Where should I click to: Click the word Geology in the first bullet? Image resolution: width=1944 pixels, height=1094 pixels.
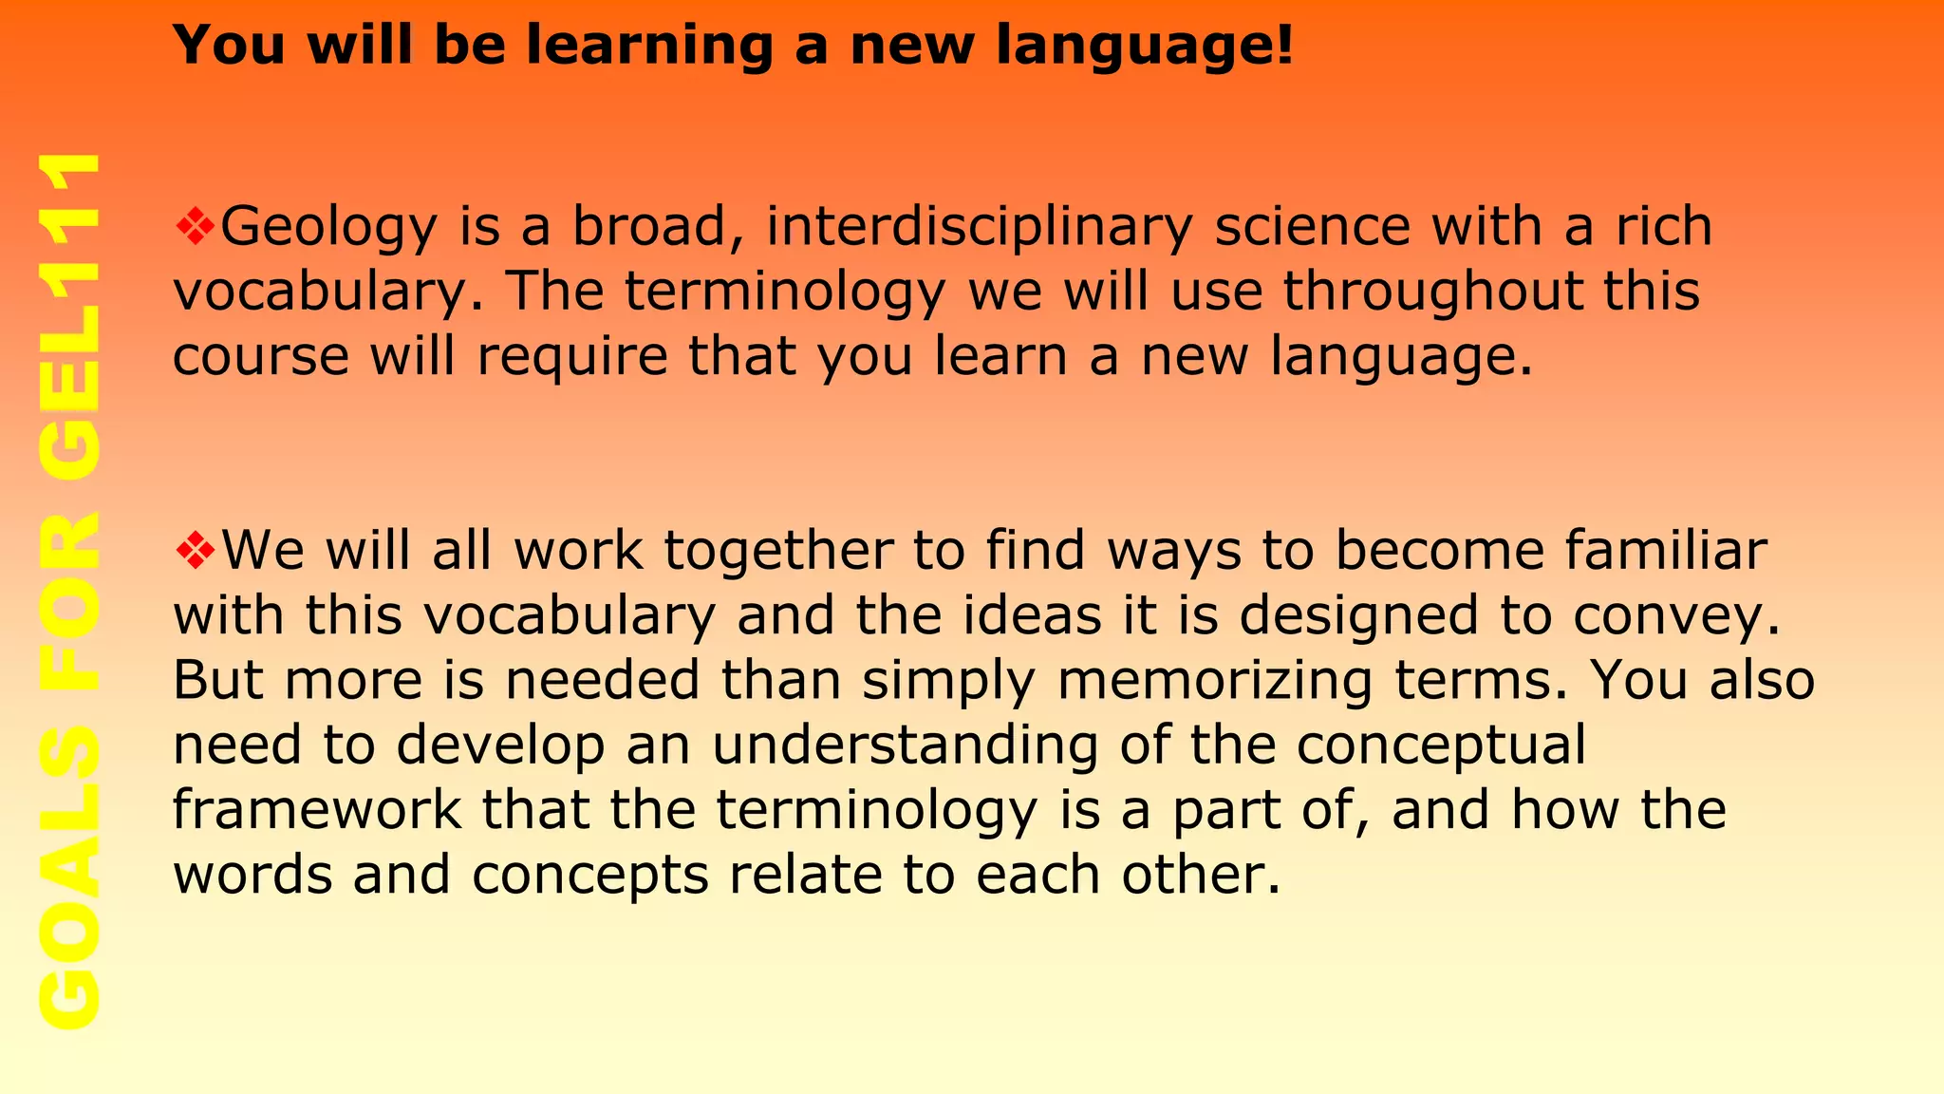(x=328, y=228)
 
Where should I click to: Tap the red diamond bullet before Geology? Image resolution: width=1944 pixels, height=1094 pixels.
(x=196, y=227)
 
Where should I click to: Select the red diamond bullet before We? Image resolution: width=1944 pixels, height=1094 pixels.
(x=196, y=551)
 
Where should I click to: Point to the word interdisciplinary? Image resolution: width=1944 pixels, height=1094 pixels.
(x=979, y=228)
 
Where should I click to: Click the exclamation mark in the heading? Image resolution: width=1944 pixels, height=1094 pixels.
(x=1284, y=46)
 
